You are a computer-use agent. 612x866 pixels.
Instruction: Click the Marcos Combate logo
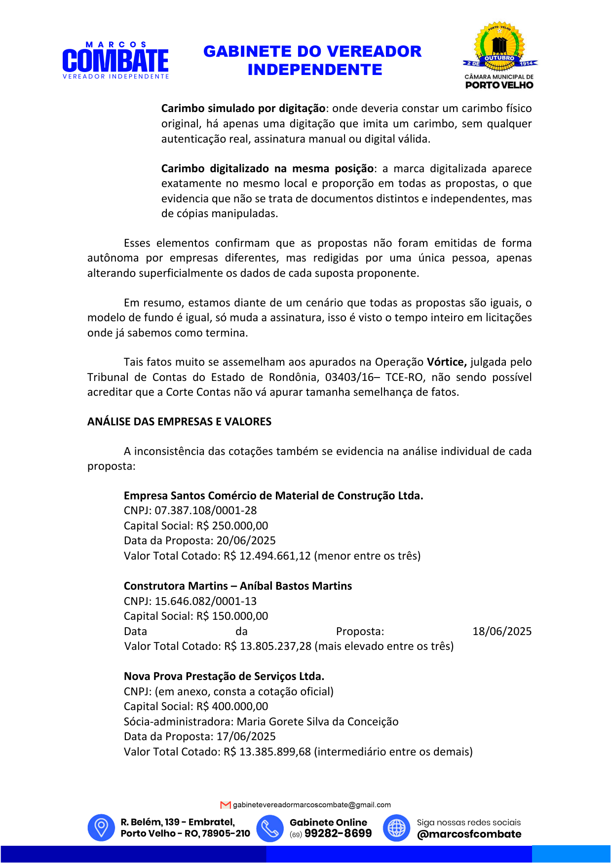tap(115, 60)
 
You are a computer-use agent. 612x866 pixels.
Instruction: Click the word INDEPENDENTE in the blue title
tap(315, 70)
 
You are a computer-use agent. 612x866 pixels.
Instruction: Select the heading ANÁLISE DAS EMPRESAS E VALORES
tap(179, 422)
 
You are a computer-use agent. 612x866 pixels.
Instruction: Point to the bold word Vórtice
tap(446, 362)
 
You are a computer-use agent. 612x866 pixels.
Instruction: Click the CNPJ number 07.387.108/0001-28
tap(206, 511)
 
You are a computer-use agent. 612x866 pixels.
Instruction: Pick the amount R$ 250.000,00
tap(232, 526)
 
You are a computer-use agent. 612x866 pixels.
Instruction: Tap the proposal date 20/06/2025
tap(246, 541)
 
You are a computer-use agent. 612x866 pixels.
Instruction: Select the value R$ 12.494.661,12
tap(267, 556)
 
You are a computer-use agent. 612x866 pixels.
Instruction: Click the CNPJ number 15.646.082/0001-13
tap(206, 602)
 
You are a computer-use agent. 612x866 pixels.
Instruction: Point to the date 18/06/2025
tap(502, 632)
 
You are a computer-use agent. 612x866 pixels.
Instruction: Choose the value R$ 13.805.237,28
tap(268, 646)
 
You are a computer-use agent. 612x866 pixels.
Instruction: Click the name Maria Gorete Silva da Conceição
tap(317, 722)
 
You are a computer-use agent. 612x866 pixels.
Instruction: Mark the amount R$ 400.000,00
tap(232, 707)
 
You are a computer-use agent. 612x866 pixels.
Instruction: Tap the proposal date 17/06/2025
tap(246, 737)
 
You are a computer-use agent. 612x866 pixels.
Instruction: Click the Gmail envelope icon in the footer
tap(226, 805)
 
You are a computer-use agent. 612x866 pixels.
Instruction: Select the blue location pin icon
tap(101, 828)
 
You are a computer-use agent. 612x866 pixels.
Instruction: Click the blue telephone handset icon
tap(270, 828)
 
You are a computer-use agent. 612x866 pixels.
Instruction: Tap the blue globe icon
tap(396, 828)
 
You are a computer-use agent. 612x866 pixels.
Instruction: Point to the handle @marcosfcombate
tap(469, 834)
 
